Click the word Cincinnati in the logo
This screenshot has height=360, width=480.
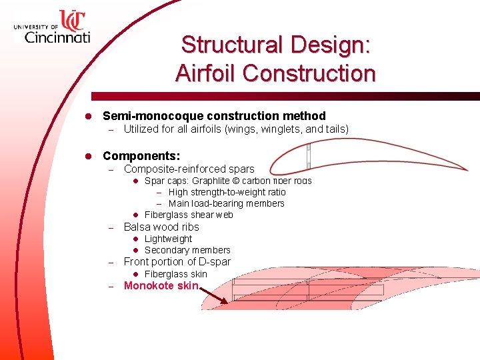57,37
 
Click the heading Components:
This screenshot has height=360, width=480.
141,156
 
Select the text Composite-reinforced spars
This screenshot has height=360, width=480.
189,169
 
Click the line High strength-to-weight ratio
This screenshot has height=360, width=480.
227,192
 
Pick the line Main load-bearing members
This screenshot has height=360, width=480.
226,203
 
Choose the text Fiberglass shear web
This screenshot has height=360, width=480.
189,215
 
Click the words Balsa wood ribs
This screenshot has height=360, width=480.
161,227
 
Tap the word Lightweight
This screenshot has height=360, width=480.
168,239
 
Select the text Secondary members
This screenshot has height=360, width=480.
187,250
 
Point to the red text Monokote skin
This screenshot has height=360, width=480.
161,286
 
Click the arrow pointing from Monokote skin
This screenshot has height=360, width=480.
214,295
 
